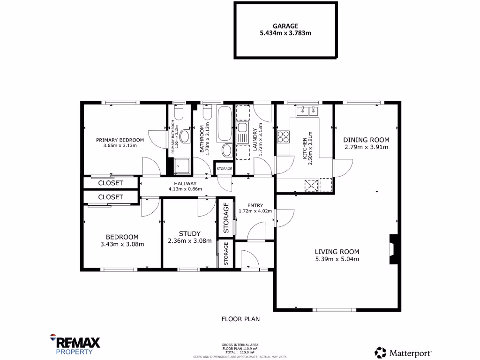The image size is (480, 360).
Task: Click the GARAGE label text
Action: click(x=285, y=26)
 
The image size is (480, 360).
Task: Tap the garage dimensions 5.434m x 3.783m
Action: click(x=285, y=33)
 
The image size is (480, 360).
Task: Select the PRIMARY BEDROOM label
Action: click(x=120, y=140)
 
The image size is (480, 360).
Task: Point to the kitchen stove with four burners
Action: click(x=283, y=136)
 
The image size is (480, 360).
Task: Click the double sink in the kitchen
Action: click(x=307, y=111)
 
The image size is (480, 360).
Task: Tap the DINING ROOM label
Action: click(x=366, y=140)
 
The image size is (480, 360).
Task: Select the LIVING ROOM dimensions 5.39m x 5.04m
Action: click(x=337, y=259)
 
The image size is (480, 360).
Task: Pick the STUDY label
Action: click(x=190, y=233)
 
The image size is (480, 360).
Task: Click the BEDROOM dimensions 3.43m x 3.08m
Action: click(x=122, y=244)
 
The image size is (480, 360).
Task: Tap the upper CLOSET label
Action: click(x=111, y=183)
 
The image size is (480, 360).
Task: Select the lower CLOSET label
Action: click(x=111, y=197)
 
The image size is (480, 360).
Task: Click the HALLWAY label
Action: click(x=185, y=183)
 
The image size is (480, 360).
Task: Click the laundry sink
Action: click(x=242, y=128)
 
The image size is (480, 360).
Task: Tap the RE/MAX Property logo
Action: click(x=75, y=345)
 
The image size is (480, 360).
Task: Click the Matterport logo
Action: click(x=403, y=352)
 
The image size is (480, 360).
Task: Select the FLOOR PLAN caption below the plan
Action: click(x=240, y=319)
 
